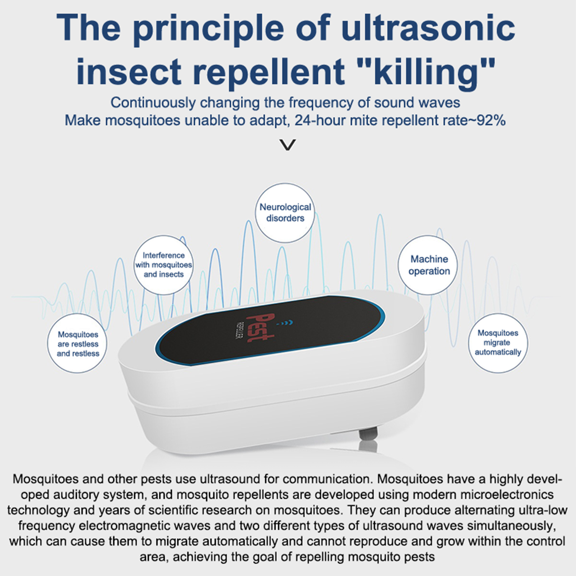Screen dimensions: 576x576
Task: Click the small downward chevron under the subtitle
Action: pos(288,145)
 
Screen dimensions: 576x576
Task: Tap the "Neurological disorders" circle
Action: pos(285,212)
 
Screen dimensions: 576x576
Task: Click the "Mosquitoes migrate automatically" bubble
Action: pos(498,343)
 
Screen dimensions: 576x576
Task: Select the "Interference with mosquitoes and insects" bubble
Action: pos(163,265)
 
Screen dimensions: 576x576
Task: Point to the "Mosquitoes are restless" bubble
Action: pos(77,343)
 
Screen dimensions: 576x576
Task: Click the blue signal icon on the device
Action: pos(287,322)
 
